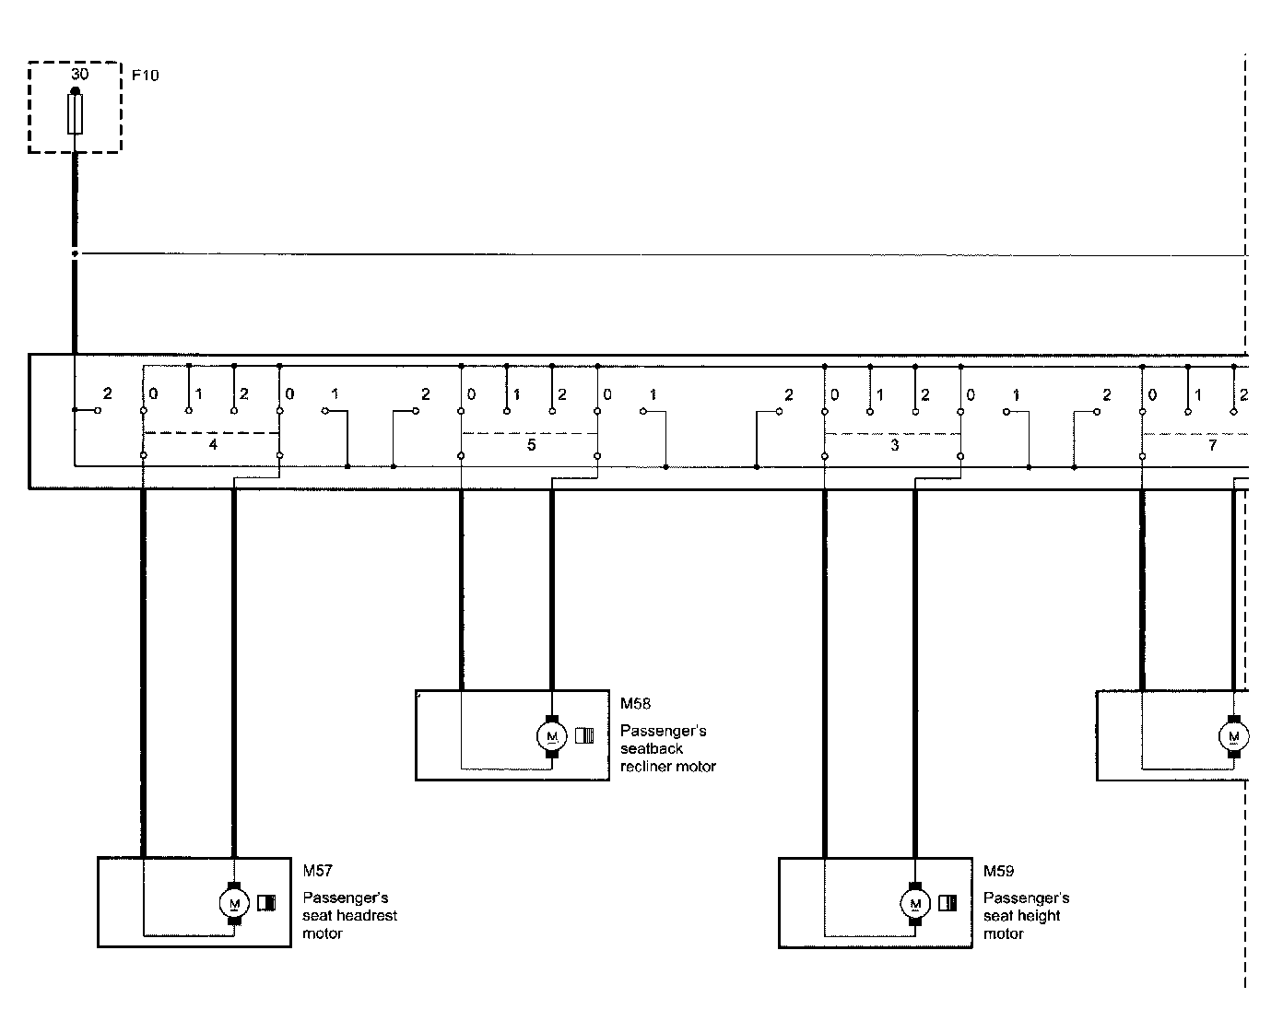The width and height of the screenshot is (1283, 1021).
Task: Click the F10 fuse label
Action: [x=146, y=76]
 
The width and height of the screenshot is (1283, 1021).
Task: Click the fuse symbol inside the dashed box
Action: [x=75, y=115]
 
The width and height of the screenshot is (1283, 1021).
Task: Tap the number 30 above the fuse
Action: [x=80, y=74]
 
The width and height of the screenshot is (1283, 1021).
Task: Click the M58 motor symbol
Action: [x=552, y=735]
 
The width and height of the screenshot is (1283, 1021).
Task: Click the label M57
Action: [x=318, y=871]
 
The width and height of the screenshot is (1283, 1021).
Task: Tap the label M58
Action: [x=635, y=704]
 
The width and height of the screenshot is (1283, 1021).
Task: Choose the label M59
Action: [x=999, y=871]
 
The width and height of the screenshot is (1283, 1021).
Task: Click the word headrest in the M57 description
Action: [x=367, y=916]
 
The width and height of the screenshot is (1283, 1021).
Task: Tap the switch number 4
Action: [x=213, y=444]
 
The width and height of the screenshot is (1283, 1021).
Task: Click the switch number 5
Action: [x=531, y=444]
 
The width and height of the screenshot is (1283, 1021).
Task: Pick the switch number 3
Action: [x=894, y=444]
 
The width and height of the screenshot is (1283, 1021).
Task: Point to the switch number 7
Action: [x=1212, y=444]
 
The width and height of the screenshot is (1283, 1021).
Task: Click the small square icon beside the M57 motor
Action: [x=266, y=903]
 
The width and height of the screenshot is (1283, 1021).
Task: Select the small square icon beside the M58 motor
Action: [x=584, y=735]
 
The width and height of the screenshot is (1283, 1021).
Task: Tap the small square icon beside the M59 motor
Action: [x=947, y=903]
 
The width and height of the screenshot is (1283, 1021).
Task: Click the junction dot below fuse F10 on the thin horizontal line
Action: [x=75, y=253]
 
